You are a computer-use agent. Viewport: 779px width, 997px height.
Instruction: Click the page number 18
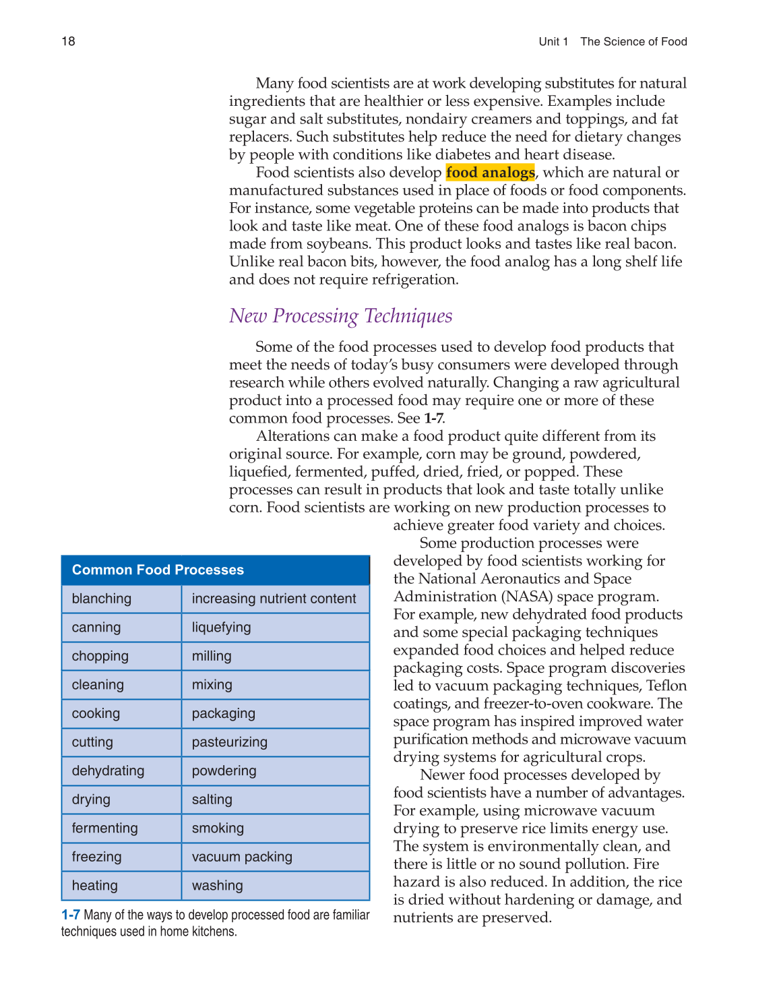[68, 42]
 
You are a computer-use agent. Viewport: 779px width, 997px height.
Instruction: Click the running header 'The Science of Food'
[633, 42]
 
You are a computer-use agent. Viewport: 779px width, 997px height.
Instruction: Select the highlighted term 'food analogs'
[490, 173]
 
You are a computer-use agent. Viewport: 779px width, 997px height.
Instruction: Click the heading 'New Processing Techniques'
[340, 315]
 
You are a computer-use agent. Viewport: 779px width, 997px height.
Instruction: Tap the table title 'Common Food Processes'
[158, 570]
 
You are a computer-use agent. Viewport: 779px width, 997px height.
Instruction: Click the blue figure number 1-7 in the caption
[70, 915]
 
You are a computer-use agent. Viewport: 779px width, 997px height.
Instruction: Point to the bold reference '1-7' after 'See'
[433, 419]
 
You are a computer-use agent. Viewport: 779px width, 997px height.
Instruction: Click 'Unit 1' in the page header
[553, 42]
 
